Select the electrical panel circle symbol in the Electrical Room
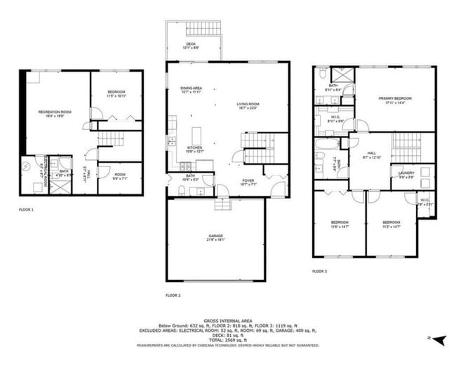coord(27,166)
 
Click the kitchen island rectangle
coord(196,134)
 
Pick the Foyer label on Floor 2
coord(248,182)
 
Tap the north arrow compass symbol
coord(439,340)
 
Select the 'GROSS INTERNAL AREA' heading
coord(228,319)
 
